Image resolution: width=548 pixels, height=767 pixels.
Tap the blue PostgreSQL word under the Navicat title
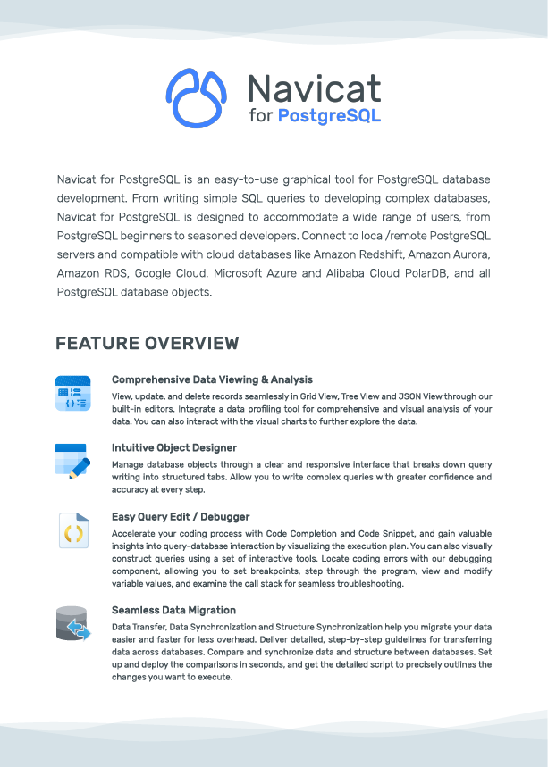click(329, 116)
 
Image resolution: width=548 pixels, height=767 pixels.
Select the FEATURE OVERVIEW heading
click(147, 344)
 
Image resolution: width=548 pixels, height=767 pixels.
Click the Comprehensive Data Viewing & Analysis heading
click(212, 379)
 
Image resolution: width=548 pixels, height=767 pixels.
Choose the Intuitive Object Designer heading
click(173, 447)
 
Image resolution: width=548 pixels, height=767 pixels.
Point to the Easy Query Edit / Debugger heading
click(180, 516)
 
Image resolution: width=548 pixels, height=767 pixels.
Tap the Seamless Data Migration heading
click(173, 610)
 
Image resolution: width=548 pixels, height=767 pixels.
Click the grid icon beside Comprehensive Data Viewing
click(72, 394)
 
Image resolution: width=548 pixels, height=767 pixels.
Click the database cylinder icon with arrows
click(72, 624)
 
